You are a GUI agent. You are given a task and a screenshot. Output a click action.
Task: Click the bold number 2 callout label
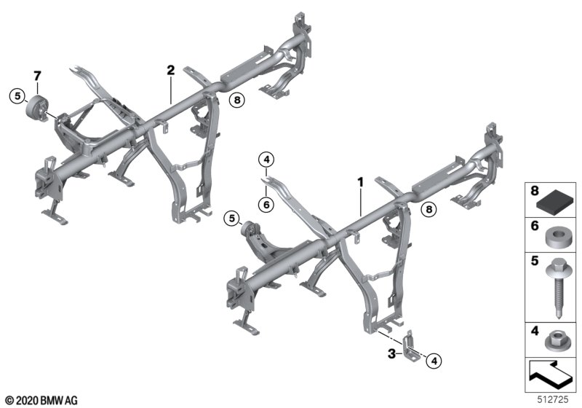[x=170, y=70]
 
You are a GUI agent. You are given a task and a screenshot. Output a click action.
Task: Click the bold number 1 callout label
[x=360, y=182]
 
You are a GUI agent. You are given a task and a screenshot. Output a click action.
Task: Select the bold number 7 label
[x=37, y=76]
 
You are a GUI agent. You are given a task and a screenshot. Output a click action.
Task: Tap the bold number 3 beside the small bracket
[x=391, y=354]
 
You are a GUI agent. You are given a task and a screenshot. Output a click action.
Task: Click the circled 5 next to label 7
[x=17, y=96]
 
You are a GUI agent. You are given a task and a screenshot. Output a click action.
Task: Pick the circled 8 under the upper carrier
[x=237, y=100]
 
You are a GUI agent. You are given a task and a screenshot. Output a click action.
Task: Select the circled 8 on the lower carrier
[x=429, y=209]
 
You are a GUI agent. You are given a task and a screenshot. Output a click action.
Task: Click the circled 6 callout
[x=266, y=204]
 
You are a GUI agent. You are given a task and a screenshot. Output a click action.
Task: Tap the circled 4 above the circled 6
[x=266, y=160]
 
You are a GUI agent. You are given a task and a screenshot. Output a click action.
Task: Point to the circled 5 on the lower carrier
[x=232, y=218]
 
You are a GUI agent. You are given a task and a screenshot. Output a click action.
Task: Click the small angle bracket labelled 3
[x=410, y=348]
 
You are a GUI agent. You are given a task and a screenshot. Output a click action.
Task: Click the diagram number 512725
[x=553, y=399]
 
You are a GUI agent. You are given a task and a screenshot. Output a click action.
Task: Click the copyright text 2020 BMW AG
[x=42, y=401]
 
